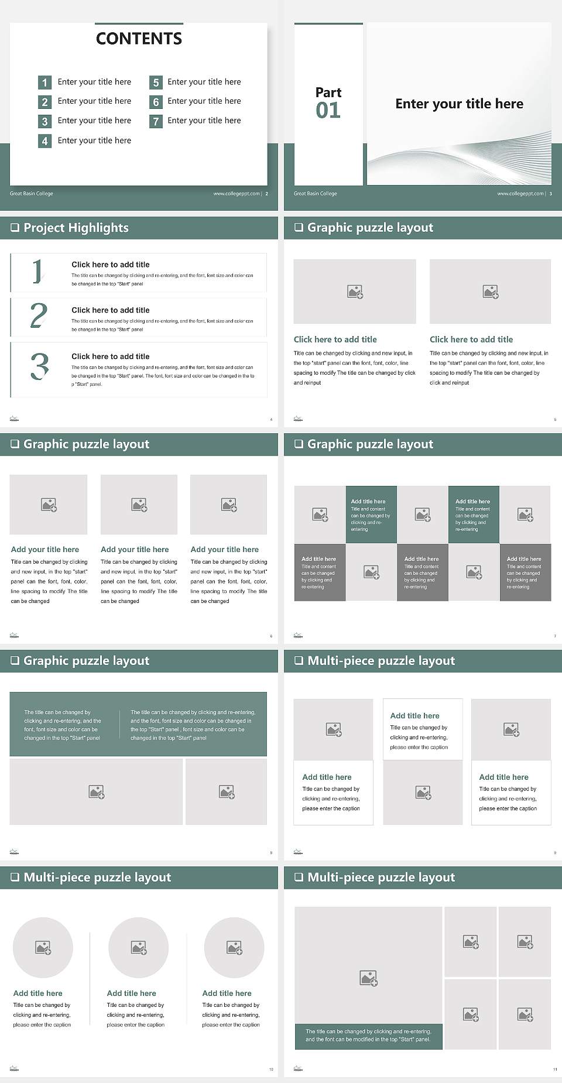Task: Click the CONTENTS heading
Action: [139, 39]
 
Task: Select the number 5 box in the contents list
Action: [156, 83]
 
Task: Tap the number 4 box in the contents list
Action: [44, 141]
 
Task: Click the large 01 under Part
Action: [328, 110]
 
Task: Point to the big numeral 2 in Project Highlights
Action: [39, 316]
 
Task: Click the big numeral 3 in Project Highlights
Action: [39, 366]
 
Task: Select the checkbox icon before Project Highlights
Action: [15, 228]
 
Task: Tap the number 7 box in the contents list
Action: [156, 121]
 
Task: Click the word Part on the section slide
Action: [328, 92]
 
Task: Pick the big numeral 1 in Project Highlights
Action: [37, 272]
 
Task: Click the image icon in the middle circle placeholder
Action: [139, 947]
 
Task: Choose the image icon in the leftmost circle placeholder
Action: [43, 947]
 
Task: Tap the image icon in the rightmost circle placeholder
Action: [234, 947]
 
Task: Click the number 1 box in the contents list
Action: [44, 83]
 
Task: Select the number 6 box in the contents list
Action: [156, 102]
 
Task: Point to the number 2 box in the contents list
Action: [44, 102]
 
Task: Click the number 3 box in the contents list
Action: [44, 121]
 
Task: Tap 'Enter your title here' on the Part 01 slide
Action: [459, 104]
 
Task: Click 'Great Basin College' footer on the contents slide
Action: [32, 193]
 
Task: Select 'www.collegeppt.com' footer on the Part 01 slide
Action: [520, 193]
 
